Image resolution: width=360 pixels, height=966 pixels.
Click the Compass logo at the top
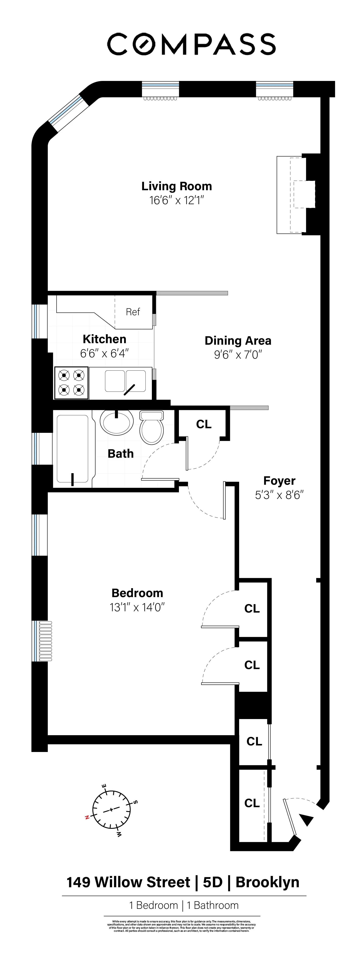click(192, 44)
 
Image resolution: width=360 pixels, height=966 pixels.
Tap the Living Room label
click(176, 186)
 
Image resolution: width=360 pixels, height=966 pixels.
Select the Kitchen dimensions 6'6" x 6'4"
click(104, 353)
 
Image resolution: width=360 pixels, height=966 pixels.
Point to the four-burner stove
click(72, 382)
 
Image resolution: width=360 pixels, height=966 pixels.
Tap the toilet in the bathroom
click(151, 428)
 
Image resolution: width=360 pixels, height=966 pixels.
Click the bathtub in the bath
click(72, 449)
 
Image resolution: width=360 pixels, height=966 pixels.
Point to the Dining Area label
click(238, 341)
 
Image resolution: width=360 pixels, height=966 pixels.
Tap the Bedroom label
click(137, 593)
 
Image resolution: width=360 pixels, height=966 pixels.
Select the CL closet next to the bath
click(204, 424)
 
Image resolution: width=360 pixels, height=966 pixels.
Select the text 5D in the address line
click(213, 882)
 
